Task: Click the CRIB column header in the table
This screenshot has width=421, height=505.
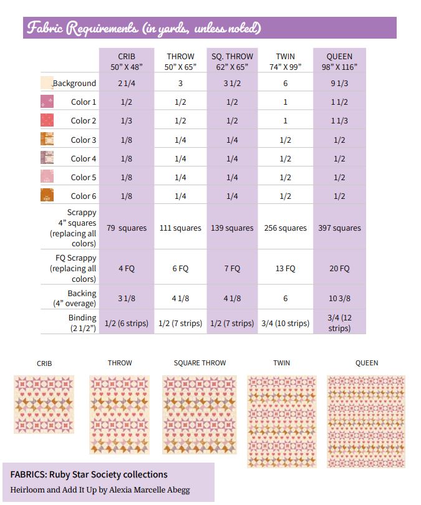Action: point(127,61)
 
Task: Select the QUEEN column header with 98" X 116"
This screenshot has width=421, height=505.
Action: point(339,61)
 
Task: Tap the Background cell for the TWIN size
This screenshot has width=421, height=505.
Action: point(285,84)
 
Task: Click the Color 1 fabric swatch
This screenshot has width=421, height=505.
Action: point(47,102)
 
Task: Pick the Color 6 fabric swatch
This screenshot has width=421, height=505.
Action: point(47,196)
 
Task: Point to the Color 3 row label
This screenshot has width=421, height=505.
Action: point(83,140)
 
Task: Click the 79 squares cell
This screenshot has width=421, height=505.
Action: point(127,228)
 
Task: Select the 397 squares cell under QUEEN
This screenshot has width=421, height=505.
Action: point(339,228)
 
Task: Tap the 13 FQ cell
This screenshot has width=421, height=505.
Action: point(285,269)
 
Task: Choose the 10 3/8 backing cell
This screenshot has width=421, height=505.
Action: point(339,299)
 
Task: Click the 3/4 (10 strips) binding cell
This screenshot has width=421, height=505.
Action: point(285,323)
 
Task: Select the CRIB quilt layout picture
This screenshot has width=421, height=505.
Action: point(44,404)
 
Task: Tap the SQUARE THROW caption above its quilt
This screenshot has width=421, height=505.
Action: point(200,363)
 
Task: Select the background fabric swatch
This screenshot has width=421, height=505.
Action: point(47,84)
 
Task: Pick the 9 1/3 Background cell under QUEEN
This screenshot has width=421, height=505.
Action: point(339,84)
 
